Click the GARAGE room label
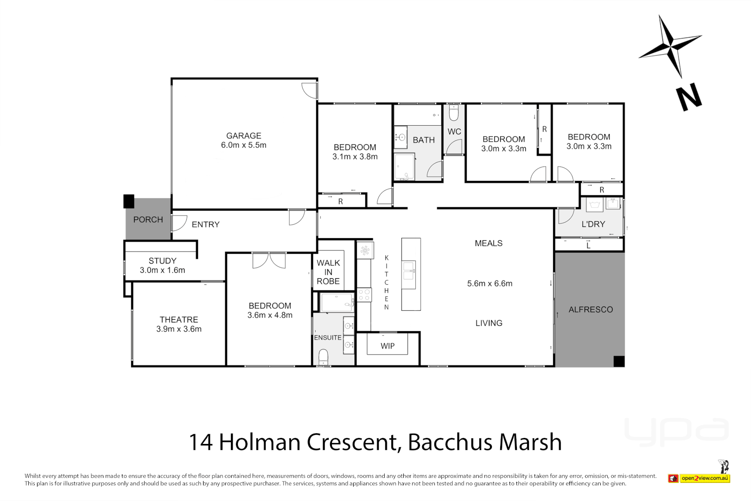point(243,136)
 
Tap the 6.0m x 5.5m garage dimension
point(243,145)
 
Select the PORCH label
point(148,220)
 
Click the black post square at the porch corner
point(129,201)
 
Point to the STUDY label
point(162,261)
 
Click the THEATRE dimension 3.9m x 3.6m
point(179,329)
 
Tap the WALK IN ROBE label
point(328,272)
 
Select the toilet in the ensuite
point(323,357)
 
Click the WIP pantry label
point(388,346)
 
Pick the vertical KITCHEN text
point(387,283)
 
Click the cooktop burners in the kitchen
point(364,295)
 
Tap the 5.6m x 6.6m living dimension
point(490,284)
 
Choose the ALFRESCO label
point(591,310)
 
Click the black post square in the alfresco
point(618,361)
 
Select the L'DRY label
point(593,225)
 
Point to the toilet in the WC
point(454,113)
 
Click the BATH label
point(424,140)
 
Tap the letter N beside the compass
point(689,97)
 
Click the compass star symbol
point(670,46)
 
